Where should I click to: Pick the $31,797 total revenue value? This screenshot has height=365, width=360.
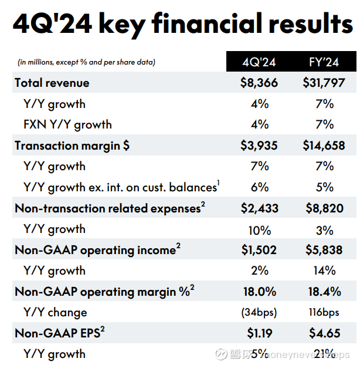[324, 83]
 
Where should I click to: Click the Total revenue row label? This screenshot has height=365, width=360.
[52, 83]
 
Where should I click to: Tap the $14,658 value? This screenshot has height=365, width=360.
[324, 146]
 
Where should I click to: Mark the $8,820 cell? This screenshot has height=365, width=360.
[324, 208]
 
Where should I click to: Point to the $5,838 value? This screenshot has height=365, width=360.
[324, 250]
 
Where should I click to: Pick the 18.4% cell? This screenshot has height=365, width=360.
[324, 292]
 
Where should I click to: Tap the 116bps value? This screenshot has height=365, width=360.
[324, 313]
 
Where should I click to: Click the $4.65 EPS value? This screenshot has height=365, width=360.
[324, 333]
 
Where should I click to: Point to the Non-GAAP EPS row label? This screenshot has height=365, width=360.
[59, 333]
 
